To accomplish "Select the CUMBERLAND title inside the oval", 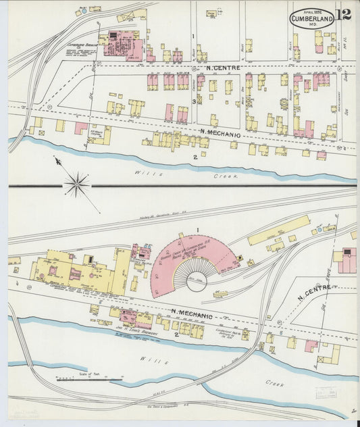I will pyautogui.click(x=311, y=19).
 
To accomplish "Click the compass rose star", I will pyautogui.click(x=78, y=182).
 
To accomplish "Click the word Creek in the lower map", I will pyautogui.click(x=274, y=383).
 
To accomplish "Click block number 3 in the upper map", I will pyautogui.click(x=193, y=101).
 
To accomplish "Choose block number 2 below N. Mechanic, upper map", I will pyautogui.click(x=195, y=157).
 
